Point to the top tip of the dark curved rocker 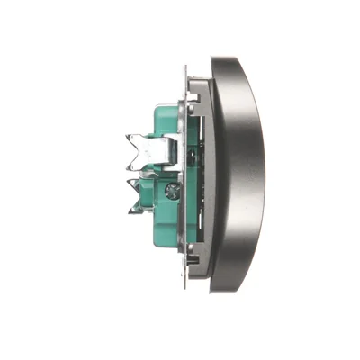(216, 60)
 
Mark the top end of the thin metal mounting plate (185, 67)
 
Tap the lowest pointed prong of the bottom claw (131, 212)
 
